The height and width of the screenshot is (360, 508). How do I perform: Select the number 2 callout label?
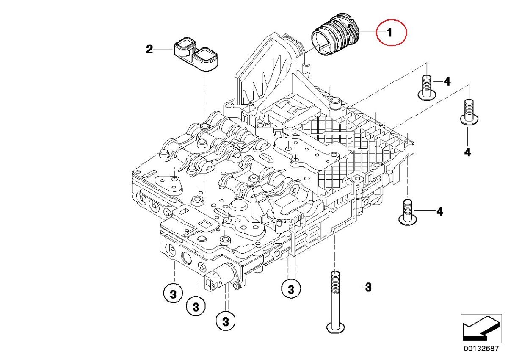tap(149, 50)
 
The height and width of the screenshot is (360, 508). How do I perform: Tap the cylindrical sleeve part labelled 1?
tap(334, 38)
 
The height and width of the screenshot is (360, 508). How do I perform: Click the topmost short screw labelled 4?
tap(427, 88)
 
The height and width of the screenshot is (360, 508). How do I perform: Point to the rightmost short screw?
tap(468, 112)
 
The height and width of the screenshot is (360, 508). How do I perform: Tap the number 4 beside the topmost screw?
tap(447, 81)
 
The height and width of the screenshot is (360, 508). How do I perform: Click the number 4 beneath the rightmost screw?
tap(467, 152)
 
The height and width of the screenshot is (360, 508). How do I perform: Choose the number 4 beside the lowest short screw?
tap(439, 211)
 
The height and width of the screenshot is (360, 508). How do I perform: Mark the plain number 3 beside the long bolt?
tap(368, 287)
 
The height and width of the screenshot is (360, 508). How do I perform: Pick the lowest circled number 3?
tap(225, 321)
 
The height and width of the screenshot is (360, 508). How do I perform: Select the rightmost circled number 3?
tap(291, 290)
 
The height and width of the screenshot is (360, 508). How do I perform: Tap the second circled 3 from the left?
tap(196, 305)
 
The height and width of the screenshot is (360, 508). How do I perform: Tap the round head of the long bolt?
tap(335, 327)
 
